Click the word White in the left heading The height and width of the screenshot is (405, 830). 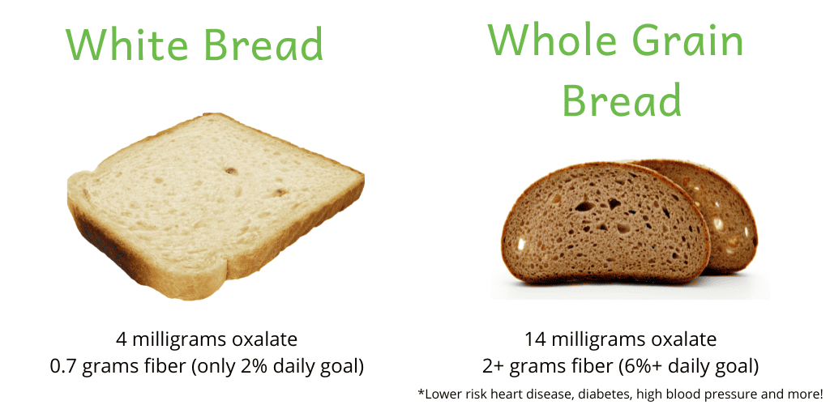(126, 44)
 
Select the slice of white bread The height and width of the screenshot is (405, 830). (216, 207)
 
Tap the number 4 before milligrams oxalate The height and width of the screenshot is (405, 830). (122, 339)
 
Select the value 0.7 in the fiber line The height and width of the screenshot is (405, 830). (62, 366)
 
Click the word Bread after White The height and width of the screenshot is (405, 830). (263, 44)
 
